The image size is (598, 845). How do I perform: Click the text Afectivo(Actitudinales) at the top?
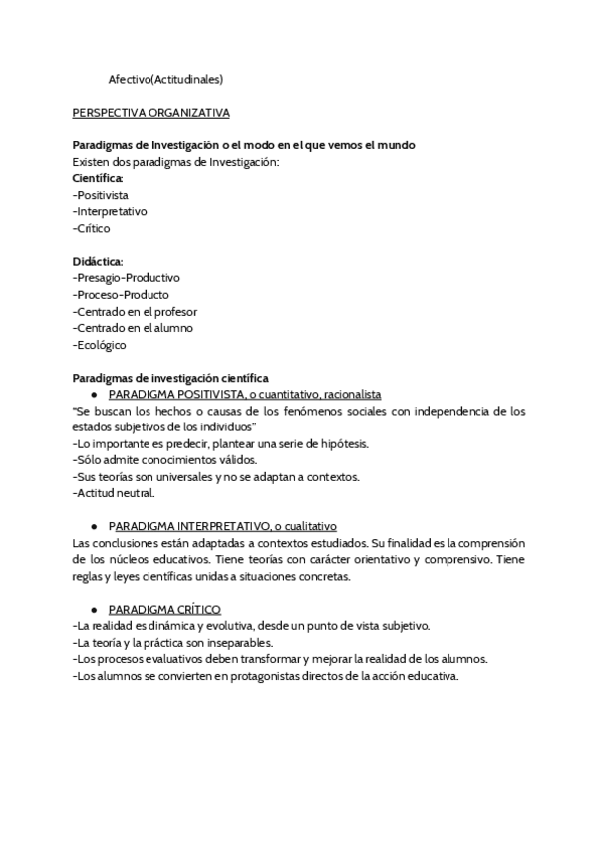click(165, 79)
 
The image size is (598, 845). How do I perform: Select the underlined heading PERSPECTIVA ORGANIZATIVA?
click(151, 113)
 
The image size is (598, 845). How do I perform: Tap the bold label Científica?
click(98, 178)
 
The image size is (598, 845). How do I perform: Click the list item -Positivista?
click(101, 195)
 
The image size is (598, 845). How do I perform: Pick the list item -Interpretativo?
click(110, 212)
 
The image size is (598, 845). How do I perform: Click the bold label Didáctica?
click(98, 261)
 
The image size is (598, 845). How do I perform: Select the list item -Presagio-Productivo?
click(127, 278)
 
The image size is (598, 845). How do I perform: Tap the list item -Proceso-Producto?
click(121, 295)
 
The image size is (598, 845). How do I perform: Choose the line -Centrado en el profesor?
click(135, 312)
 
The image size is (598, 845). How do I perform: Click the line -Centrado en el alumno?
click(133, 328)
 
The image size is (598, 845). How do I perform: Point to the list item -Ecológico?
click(100, 345)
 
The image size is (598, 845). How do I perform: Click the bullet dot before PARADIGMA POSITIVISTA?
click(93, 395)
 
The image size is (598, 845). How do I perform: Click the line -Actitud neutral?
click(114, 492)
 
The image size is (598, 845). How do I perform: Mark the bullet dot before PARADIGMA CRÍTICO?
click(93, 609)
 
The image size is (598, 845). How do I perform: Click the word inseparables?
click(249, 642)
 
